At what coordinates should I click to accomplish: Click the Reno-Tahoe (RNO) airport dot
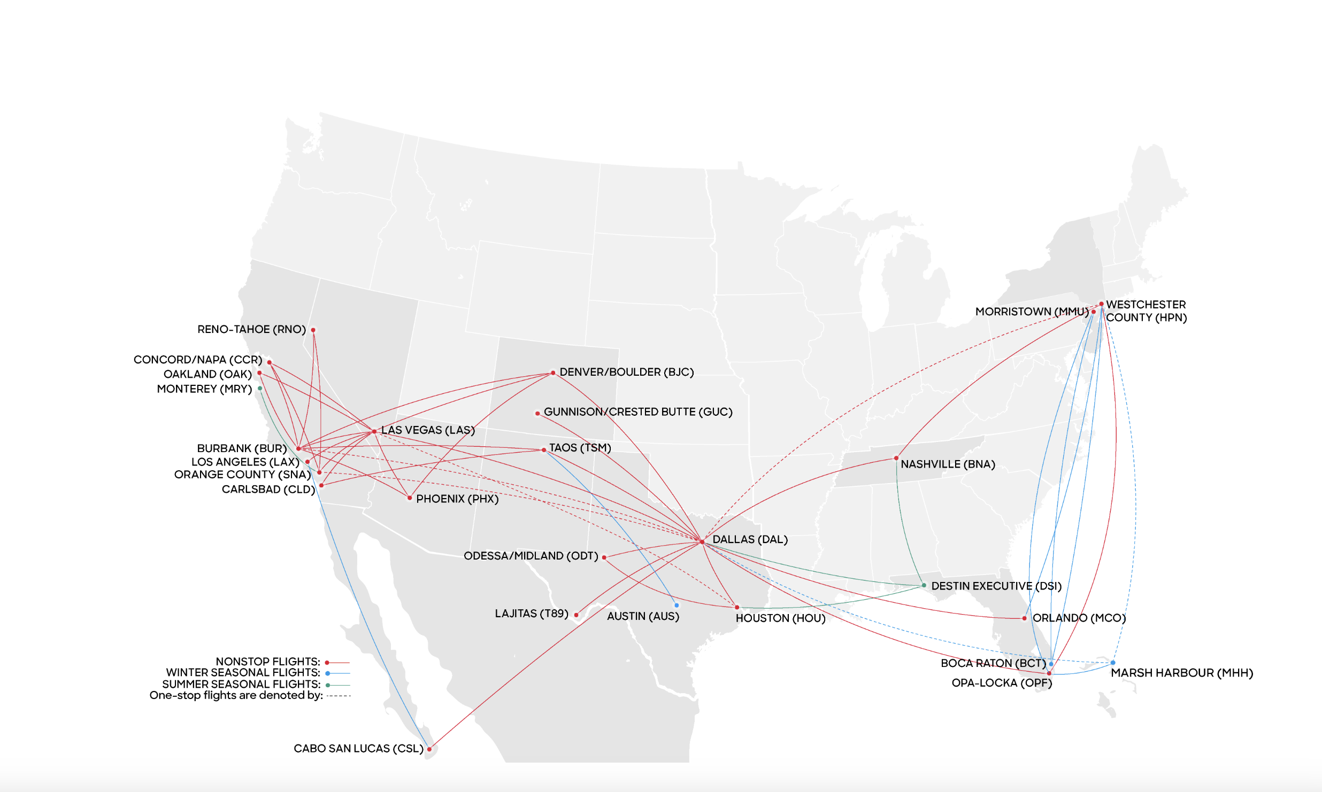[x=313, y=330]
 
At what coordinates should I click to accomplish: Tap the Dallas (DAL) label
[x=750, y=539]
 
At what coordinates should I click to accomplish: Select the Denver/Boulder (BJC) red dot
[x=553, y=373]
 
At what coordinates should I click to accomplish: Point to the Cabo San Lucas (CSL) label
[x=358, y=748]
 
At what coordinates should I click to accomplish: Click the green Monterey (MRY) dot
[x=260, y=389]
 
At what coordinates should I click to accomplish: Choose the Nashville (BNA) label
[x=948, y=464]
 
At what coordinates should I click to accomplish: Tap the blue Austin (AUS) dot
[x=677, y=605]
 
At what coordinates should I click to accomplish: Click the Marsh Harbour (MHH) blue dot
[x=1113, y=663]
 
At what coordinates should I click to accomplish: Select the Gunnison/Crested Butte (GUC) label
[x=638, y=411]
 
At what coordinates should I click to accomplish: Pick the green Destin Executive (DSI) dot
[x=924, y=585]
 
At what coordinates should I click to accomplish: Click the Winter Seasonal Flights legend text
[x=243, y=672]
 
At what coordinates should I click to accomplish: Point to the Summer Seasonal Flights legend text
[x=241, y=684]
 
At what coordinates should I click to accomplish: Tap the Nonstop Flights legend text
[x=267, y=662]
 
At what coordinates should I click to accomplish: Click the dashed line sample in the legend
[x=339, y=696]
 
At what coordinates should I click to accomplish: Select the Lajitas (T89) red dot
[x=576, y=615]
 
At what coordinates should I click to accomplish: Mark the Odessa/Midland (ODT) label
[x=531, y=556]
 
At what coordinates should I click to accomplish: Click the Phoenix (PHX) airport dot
[x=410, y=498]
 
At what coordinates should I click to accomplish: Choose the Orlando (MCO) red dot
[x=1024, y=618]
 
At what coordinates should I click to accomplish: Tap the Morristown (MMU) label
[x=1032, y=311]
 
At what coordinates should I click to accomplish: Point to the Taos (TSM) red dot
[x=544, y=450]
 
